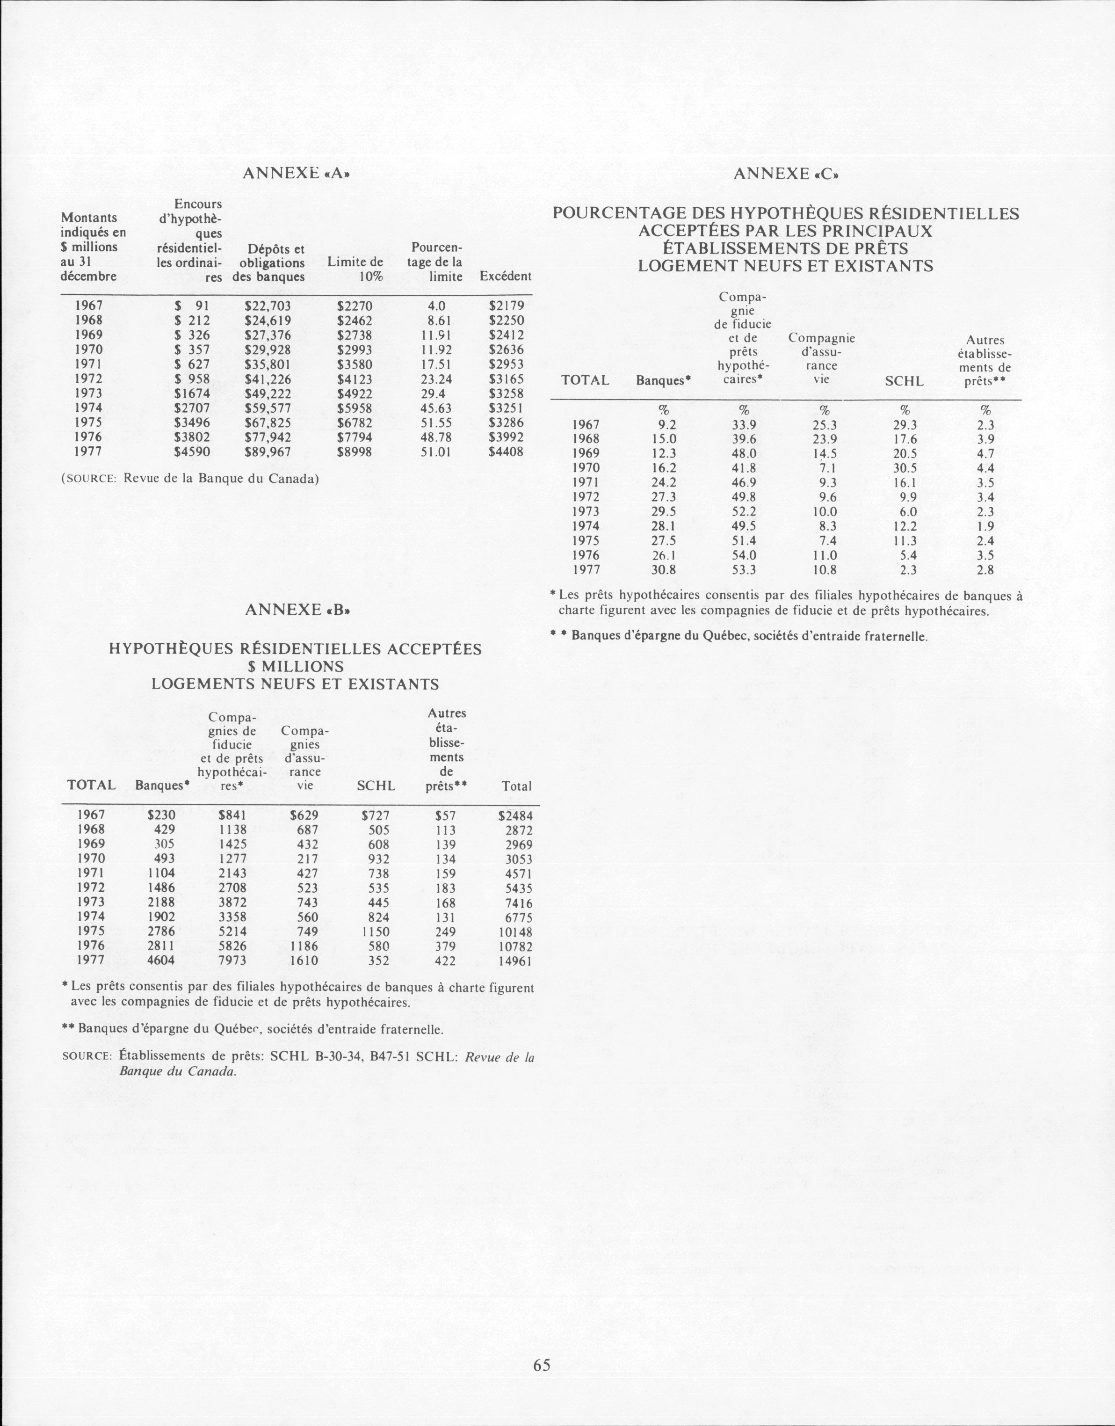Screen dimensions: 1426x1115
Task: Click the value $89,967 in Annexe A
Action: pyautogui.click(x=268, y=451)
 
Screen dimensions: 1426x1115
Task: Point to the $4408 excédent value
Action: pyautogui.click(x=506, y=451)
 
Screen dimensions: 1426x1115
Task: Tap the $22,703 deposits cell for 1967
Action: pyautogui.click(x=268, y=306)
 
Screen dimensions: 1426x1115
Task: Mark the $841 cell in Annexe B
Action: pyautogui.click(x=233, y=815)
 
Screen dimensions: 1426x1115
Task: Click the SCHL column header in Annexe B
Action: pyautogui.click(x=376, y=786)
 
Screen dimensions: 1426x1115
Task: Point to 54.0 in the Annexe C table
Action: pyautogui.click(x=744, y=555)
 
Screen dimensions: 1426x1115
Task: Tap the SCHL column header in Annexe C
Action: pyautogui.click(x=904, y=381)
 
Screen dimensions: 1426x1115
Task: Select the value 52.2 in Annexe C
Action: pyautogui.click(x=744, y=512)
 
